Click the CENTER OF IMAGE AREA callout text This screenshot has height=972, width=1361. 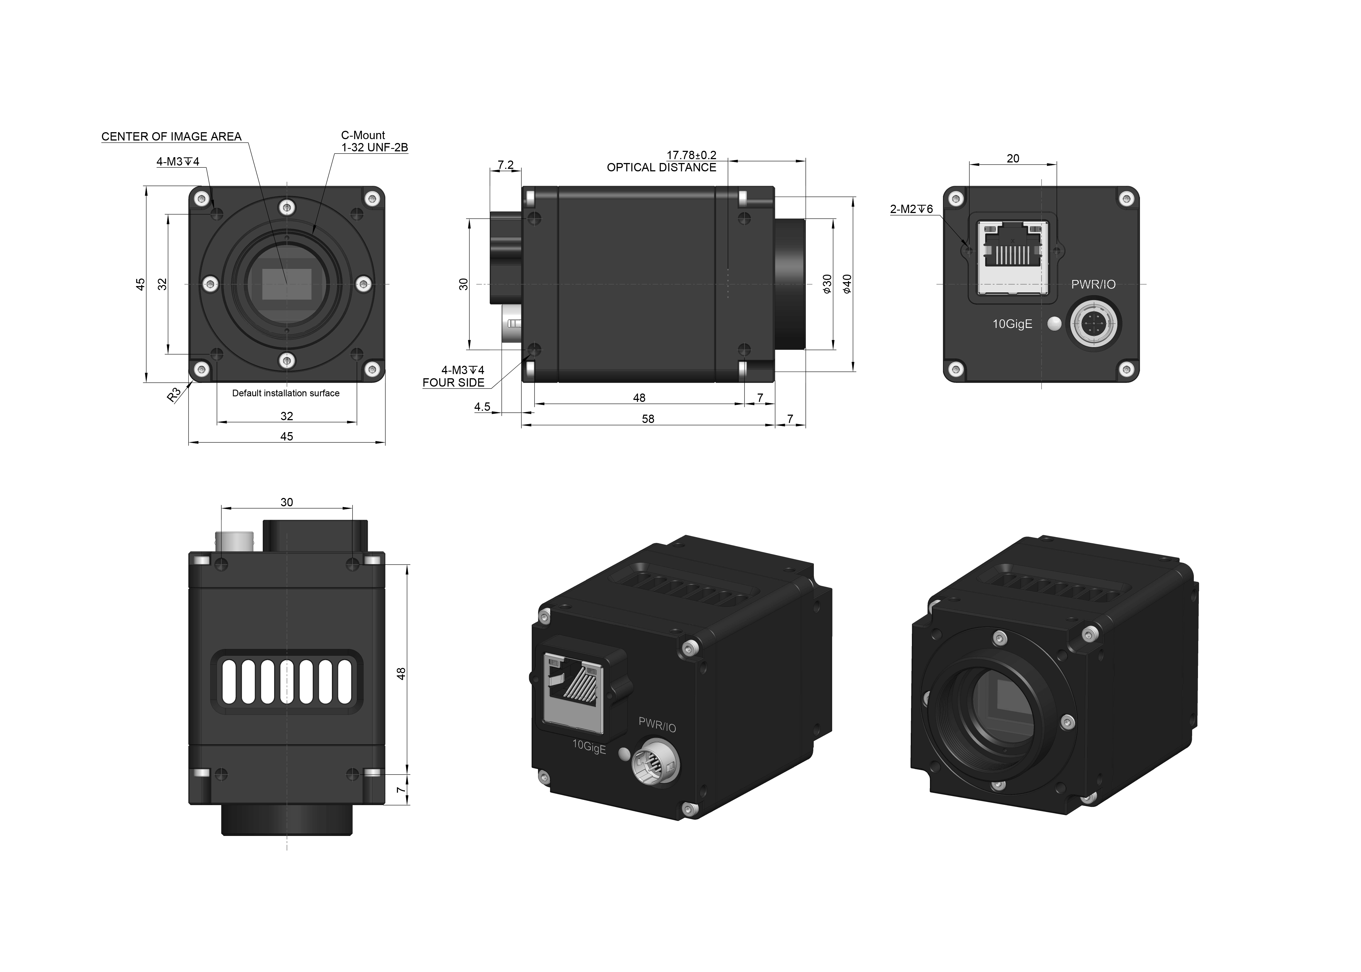pyautogui.click(x=171, y=136)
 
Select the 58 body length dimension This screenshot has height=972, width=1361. pyautogui.click(x=648, y=419)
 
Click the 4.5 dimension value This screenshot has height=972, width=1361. pyautogui.click(x=482, y=407)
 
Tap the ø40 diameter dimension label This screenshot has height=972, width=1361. pyautogui.click(x=846, y=284)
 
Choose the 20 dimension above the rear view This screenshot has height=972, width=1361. pyautogui.click(x=1013, y=159)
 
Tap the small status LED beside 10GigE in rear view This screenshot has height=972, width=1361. pyautogui.click(x=1055, y=324)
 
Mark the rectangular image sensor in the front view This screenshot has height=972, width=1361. pyautogui.click(x=287, y=284)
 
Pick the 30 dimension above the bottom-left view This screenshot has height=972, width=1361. pyautogui.click(x=287, y=502)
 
